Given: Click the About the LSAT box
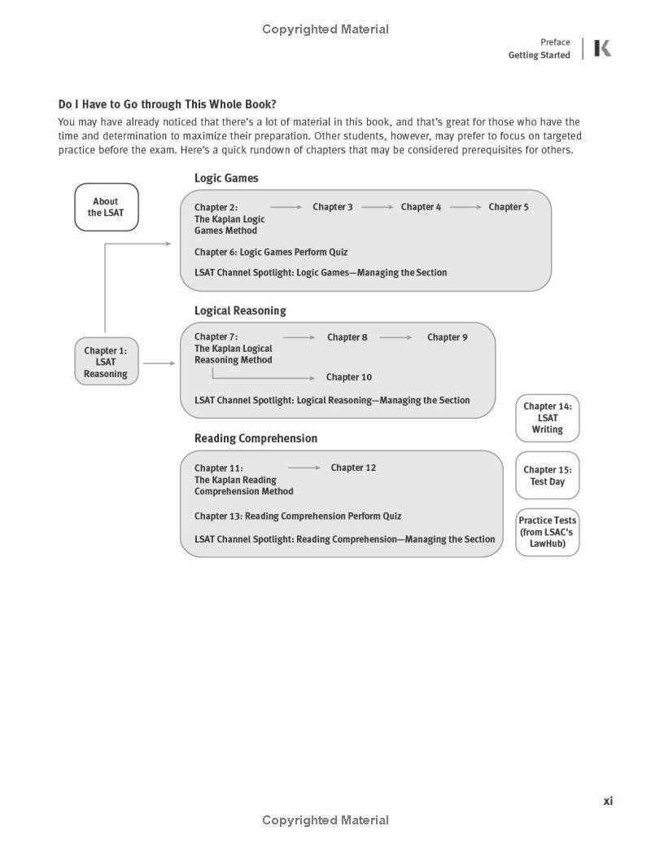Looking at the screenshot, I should point(107,207).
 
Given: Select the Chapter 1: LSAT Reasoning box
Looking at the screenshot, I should point(106,362).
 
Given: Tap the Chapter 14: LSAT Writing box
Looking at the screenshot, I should point(547,418).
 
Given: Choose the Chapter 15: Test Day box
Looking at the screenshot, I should point(547,476).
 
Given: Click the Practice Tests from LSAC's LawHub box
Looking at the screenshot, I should point(547,532).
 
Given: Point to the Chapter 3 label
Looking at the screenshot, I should point(333,207).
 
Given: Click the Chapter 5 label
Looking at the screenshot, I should point(509,207).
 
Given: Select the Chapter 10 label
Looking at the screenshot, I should point(349,377).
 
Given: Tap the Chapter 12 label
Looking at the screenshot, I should point(353,468).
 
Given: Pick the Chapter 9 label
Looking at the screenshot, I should point(448,337).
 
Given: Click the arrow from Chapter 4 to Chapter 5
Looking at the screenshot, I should point(465,207).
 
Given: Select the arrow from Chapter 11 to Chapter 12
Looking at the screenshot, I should point(304,468).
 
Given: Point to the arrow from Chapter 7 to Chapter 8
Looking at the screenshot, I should point(299,337).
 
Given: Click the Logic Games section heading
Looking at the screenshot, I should point(226,178).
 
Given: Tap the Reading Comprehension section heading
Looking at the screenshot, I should point(256,438).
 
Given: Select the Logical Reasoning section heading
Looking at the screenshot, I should point(240,310).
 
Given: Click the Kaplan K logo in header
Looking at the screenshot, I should point(602,49).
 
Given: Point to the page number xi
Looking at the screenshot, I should point(608,802).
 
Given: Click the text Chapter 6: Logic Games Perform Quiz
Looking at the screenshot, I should point(271,253).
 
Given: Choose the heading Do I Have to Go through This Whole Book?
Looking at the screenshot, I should point(167,104).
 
